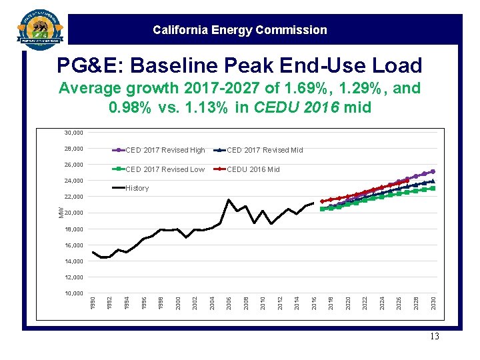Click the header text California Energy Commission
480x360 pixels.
click(x=239, y=30)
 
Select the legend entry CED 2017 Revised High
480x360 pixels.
click(x=165, y=151)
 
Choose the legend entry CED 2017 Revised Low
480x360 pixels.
click(x=165, y=169)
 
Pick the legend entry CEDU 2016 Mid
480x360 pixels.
click(x=253, y=169)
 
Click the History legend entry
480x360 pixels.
click(x=137, y=188)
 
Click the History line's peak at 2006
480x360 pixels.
click(x=229, y=200)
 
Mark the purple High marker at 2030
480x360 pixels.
click(x=433, y=171)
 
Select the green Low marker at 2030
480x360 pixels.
click(x=433, y=189)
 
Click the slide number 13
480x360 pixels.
click(x=435, y=336)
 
